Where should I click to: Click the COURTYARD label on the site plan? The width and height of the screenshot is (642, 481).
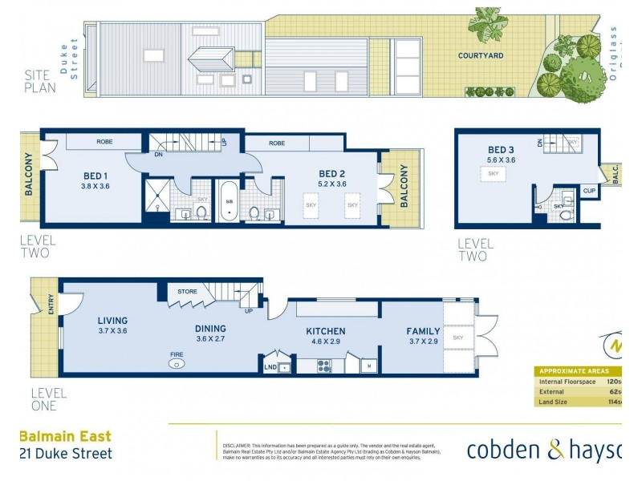click(481, 55)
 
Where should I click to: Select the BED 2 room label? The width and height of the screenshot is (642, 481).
click(331, 173)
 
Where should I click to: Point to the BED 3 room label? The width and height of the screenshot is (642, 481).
click(501, 150)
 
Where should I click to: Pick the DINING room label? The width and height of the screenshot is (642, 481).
click(210, 328)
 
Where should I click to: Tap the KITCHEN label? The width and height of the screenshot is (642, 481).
click(325, 331)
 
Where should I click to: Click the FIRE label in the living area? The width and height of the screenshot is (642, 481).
click(176, 353)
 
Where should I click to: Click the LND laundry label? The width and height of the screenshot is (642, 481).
click(270, 368)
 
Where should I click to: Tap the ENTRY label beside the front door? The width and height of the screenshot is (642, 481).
click(52, 305)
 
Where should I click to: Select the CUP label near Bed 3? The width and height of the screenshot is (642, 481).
click(590, 191)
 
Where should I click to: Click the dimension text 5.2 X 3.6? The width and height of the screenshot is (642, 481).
click(331, 184)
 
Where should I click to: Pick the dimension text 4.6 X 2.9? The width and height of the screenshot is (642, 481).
click(325, 342)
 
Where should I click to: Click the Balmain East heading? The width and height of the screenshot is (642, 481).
click(65, 437)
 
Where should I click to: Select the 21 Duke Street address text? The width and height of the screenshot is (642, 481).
click(65, 454)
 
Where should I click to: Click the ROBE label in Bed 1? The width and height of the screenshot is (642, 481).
click(105, 142)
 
